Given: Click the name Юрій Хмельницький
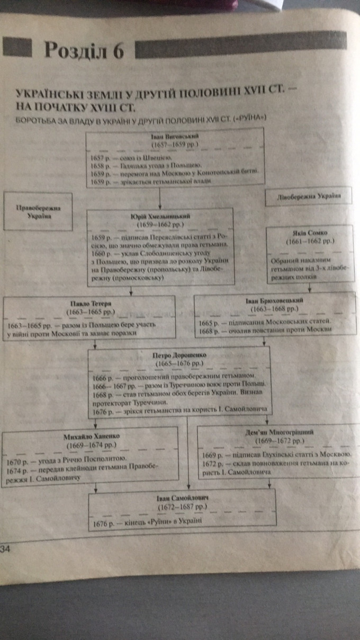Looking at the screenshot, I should [x=160, y=216].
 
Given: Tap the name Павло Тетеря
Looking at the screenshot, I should [x=89, y=303].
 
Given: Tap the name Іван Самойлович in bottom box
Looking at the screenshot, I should [x=182, y=498].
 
